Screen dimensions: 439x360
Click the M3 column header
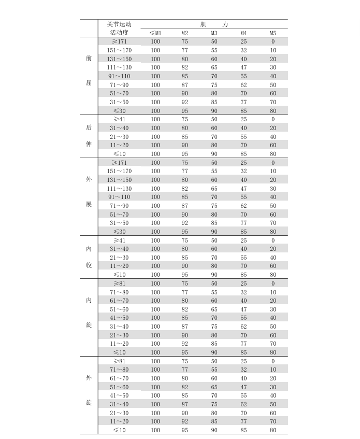click(214, 33)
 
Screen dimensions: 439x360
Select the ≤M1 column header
click(155, 33)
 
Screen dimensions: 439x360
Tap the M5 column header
click(273, 33)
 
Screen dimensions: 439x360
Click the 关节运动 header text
click(119, 24)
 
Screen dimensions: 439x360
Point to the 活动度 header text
click(119, 33)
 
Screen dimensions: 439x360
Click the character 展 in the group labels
click(89, 204)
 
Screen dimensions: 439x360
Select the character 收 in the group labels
click(89, 265)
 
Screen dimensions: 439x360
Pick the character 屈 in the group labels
click(89, 83)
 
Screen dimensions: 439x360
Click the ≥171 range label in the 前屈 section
click(119, 41)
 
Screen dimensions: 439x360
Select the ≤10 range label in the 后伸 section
click(119, 154)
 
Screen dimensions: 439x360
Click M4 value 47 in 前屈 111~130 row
click(243, 67)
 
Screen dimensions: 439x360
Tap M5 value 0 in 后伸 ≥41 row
click(273, 119)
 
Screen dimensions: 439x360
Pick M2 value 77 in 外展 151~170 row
click(185, 171)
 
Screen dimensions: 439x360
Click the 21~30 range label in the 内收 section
click(119, 258)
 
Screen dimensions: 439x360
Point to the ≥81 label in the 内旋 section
click(119, 284)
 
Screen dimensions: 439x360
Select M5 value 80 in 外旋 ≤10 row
click(273, 430)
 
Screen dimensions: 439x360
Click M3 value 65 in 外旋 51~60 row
click(214, 387)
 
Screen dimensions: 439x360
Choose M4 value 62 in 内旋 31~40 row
click(243, 327)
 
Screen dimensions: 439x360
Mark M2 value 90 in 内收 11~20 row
click(185, 266)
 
